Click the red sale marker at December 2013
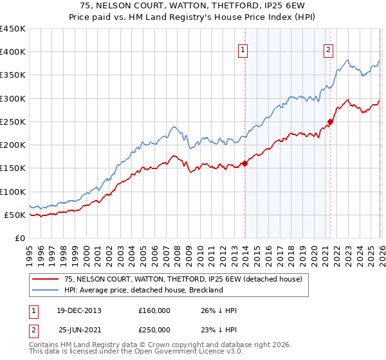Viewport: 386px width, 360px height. click(245, 163)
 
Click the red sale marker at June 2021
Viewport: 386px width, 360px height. click(330, 122)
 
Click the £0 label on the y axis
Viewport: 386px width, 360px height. click(20, 238)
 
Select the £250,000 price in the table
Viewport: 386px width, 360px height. click(154, 329)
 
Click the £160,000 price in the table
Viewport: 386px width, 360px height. click(154, 310)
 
